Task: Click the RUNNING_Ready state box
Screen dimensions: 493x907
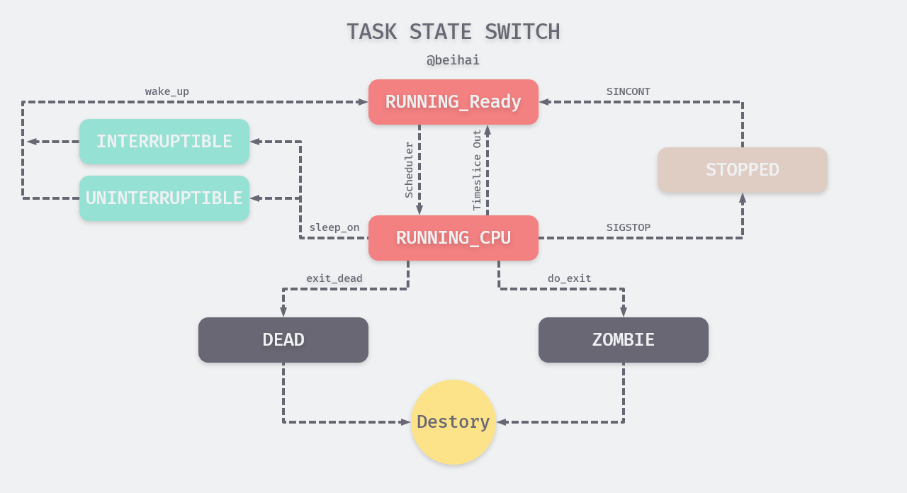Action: [453, 102]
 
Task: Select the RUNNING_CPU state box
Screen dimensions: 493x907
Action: [453, 238]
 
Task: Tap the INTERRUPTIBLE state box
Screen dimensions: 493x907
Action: [164, 142]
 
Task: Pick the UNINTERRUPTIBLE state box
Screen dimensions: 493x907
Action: [164, 198]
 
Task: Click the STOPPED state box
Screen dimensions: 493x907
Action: [743, 170]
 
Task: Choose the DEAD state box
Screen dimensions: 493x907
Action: [283, 340]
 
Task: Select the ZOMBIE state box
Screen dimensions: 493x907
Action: [624, 340]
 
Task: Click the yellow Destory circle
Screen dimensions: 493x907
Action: [453, 422]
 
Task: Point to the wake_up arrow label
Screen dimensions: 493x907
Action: [167, 91]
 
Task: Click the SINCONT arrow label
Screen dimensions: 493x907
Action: [628, 91]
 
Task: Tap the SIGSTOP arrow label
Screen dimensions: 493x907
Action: [628, 227]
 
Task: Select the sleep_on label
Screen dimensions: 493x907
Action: [334, 227]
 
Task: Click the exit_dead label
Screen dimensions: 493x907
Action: [334, 278]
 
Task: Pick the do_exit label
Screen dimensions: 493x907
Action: [569, 278]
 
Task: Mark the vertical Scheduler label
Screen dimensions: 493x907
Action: [409, 170]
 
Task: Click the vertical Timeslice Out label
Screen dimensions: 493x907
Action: [477, 170]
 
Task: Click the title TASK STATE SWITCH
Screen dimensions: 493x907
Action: [453, 32]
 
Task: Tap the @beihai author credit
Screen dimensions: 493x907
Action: [453, 60]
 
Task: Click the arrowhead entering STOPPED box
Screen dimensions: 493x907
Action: [743, 198]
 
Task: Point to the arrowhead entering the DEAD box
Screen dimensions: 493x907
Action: [283, 312]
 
